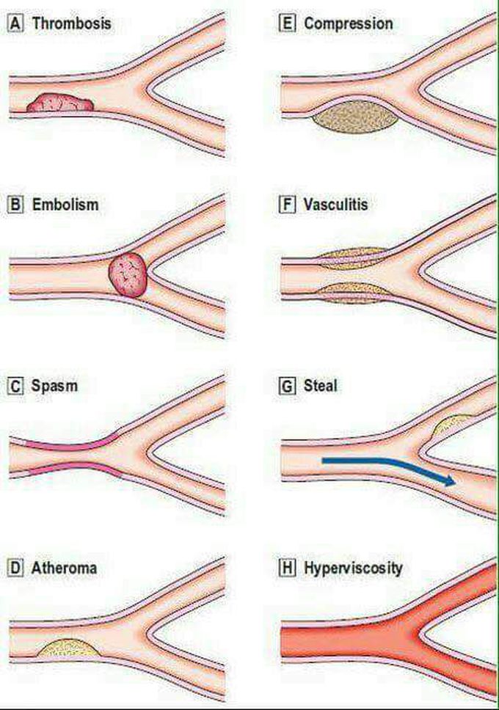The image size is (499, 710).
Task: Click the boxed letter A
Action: click(15, 23)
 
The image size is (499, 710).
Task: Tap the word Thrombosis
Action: click(72, 23)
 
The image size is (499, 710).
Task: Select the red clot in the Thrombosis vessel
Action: click(60, 103)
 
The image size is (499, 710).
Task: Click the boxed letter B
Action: click(15, 205)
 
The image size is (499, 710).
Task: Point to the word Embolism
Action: click(65, 205)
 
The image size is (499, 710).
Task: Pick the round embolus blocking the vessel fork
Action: click(128, 274)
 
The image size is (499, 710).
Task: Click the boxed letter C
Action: click(15, 387)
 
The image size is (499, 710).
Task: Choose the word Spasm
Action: click(54, 387)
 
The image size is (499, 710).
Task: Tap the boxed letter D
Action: click(15, 568)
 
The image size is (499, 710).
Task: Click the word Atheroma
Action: click(64, 568)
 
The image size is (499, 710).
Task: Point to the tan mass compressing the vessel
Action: click(355, 117)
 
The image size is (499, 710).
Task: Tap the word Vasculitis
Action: click(335, 205)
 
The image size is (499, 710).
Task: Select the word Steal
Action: click(321, 387)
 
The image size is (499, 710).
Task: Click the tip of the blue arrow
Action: click(455, 482)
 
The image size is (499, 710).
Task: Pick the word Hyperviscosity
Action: click(353, 568)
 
